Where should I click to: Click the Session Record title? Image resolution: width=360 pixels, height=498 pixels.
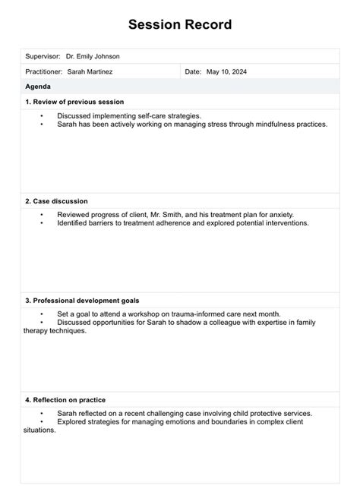tap(180, 25)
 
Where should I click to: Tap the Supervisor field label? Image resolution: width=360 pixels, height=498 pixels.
tap(43, 56)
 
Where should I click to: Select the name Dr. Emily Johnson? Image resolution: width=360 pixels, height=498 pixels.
tap(93, 56)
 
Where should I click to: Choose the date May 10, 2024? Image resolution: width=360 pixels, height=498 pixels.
tap(227, 71)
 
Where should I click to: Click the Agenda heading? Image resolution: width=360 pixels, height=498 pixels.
tap(39, 87)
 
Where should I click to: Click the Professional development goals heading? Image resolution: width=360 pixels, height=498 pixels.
tap(82, 301)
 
